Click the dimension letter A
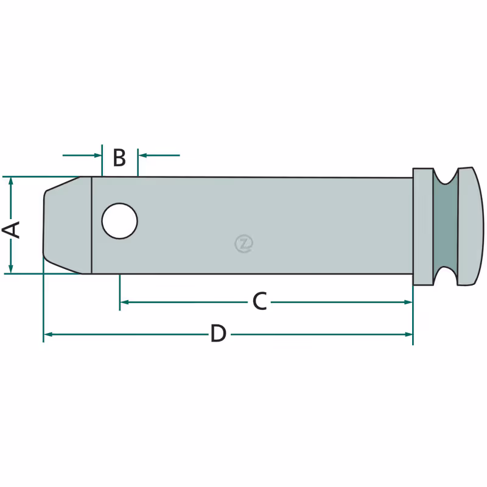11,230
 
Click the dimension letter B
119,158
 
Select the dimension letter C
260,301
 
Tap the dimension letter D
219,333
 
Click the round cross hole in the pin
119,221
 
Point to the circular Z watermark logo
244,243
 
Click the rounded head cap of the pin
470,226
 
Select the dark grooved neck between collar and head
446,226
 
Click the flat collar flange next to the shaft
422,226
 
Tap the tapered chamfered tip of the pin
67,225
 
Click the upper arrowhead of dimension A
11,181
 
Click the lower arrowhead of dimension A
11,269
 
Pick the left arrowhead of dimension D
48,334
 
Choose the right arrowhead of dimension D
408,334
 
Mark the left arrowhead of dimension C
124,302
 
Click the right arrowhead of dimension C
408,302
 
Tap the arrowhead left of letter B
97,155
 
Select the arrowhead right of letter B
142,155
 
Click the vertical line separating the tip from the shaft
92,225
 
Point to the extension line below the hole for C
119,292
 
